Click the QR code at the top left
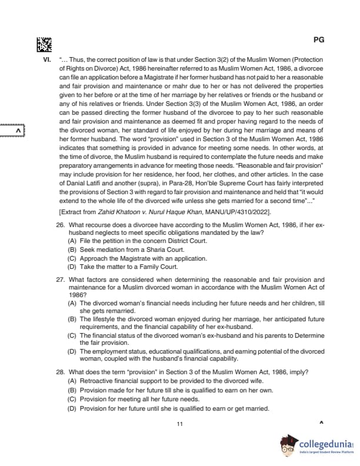tap(44, 45)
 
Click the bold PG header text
tap(319, 40)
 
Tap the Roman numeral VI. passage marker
tap(46, 60)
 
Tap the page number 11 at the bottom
tap(179, 424)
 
